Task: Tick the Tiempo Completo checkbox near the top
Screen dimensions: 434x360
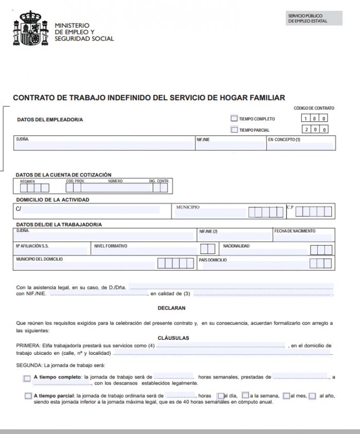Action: pos(235,119)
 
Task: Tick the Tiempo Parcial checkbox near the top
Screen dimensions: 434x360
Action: pos(235,130)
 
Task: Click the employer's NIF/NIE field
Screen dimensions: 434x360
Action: pos(230,146)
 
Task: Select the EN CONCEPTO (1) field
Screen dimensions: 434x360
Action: pos(301,146)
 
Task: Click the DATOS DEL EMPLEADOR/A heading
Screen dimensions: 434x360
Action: pos(50,120)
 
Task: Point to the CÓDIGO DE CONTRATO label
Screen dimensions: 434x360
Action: pos(314,108)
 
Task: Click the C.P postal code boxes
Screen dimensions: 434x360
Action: pos(313,211)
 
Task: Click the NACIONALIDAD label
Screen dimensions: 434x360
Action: pos(236,246)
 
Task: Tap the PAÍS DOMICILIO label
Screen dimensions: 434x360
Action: pos(213,260)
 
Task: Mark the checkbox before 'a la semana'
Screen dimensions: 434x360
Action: pos(245,395)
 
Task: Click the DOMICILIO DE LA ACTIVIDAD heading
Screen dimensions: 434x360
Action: pos(52,200)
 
